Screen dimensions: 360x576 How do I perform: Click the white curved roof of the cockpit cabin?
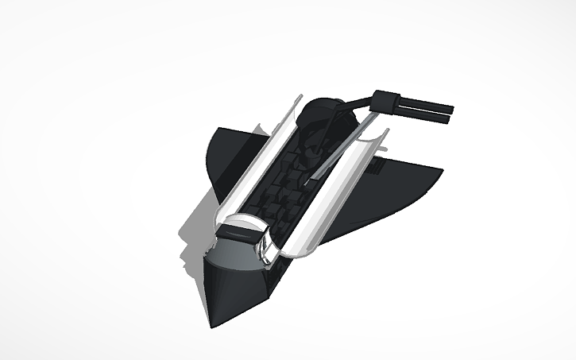(238, 222)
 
